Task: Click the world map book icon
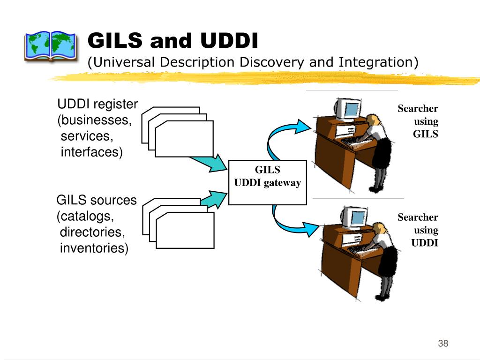point(51,46)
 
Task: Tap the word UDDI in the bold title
point(229,40)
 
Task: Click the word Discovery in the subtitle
point(272,62)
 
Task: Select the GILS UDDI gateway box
point(268,182)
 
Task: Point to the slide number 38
point(443,343)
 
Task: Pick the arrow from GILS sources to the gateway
point(214,199)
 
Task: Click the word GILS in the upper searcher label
point(425,134)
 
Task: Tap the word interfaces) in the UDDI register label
point(91,152)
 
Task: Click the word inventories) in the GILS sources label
point(94,248)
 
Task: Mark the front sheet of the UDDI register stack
point(184,139)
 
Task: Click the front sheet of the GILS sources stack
point(185,230)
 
